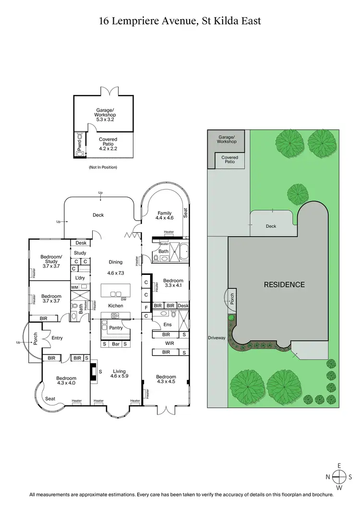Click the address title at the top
pyautogui.click(x=180, y=21)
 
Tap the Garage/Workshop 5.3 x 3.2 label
pyautogui.click(x=106, y=115)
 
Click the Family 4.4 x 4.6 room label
pyautogui.click(x=164, y=215)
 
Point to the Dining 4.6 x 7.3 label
pyautogui.click(x=115, y=267)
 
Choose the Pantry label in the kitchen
pyautogui.click(x=116, y=328)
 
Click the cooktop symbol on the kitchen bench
pyautogui.click(x=116, y=315)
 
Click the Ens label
pyautogui.click(x=168, y=325)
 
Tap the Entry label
pyautogui.click(x=57, y=338)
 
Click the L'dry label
pyautogui.click(x=80, y=278)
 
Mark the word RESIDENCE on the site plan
pyautogui.click(x=284, y=284)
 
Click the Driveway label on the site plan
pyautogui.click(x=216, y=338)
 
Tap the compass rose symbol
pyautogui.click(x=339, y=477)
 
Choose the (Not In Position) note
pyautogui.click(x=103, y=167)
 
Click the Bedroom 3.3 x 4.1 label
pyautogui.click(x=173, y=284)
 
